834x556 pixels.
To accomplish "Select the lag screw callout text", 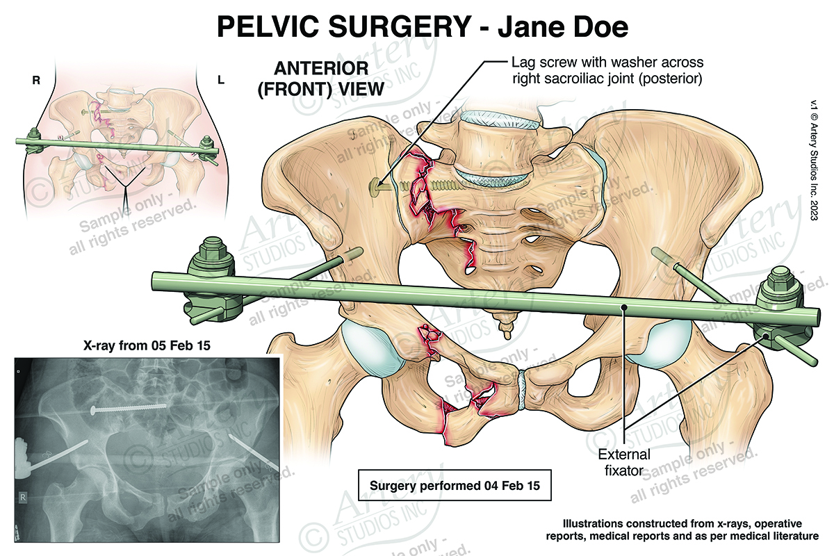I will click(606, 70).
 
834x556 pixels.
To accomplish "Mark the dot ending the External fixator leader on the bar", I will click(624, 306).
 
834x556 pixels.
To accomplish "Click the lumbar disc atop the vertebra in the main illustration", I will click(501, 122).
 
